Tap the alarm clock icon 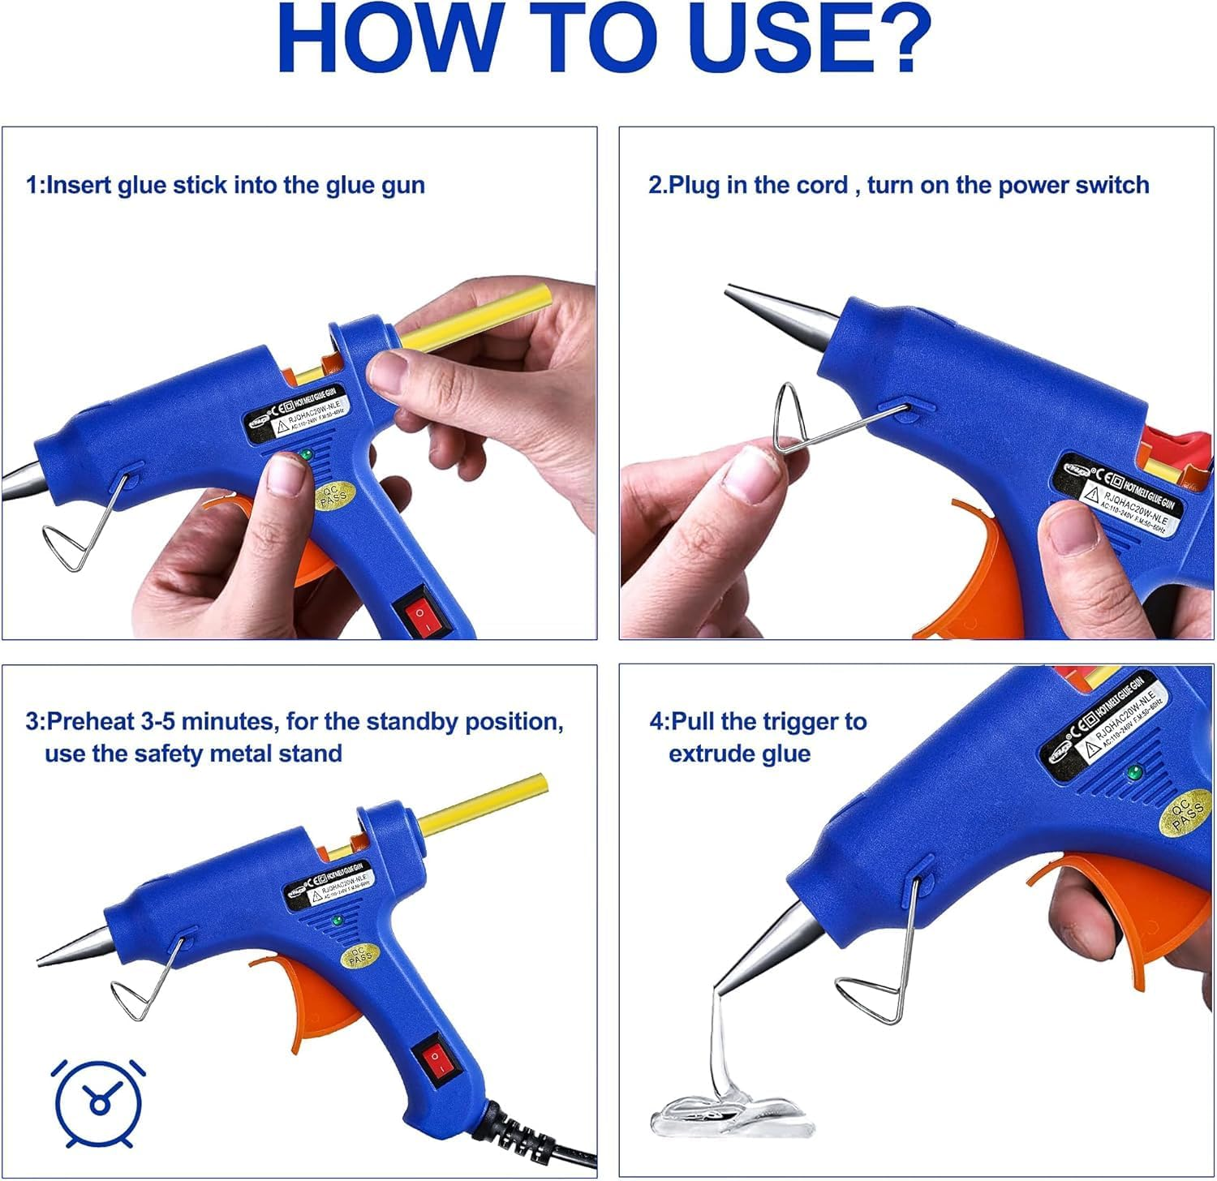point(98,1102)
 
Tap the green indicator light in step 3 point(337,921)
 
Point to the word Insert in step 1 point(80,185)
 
